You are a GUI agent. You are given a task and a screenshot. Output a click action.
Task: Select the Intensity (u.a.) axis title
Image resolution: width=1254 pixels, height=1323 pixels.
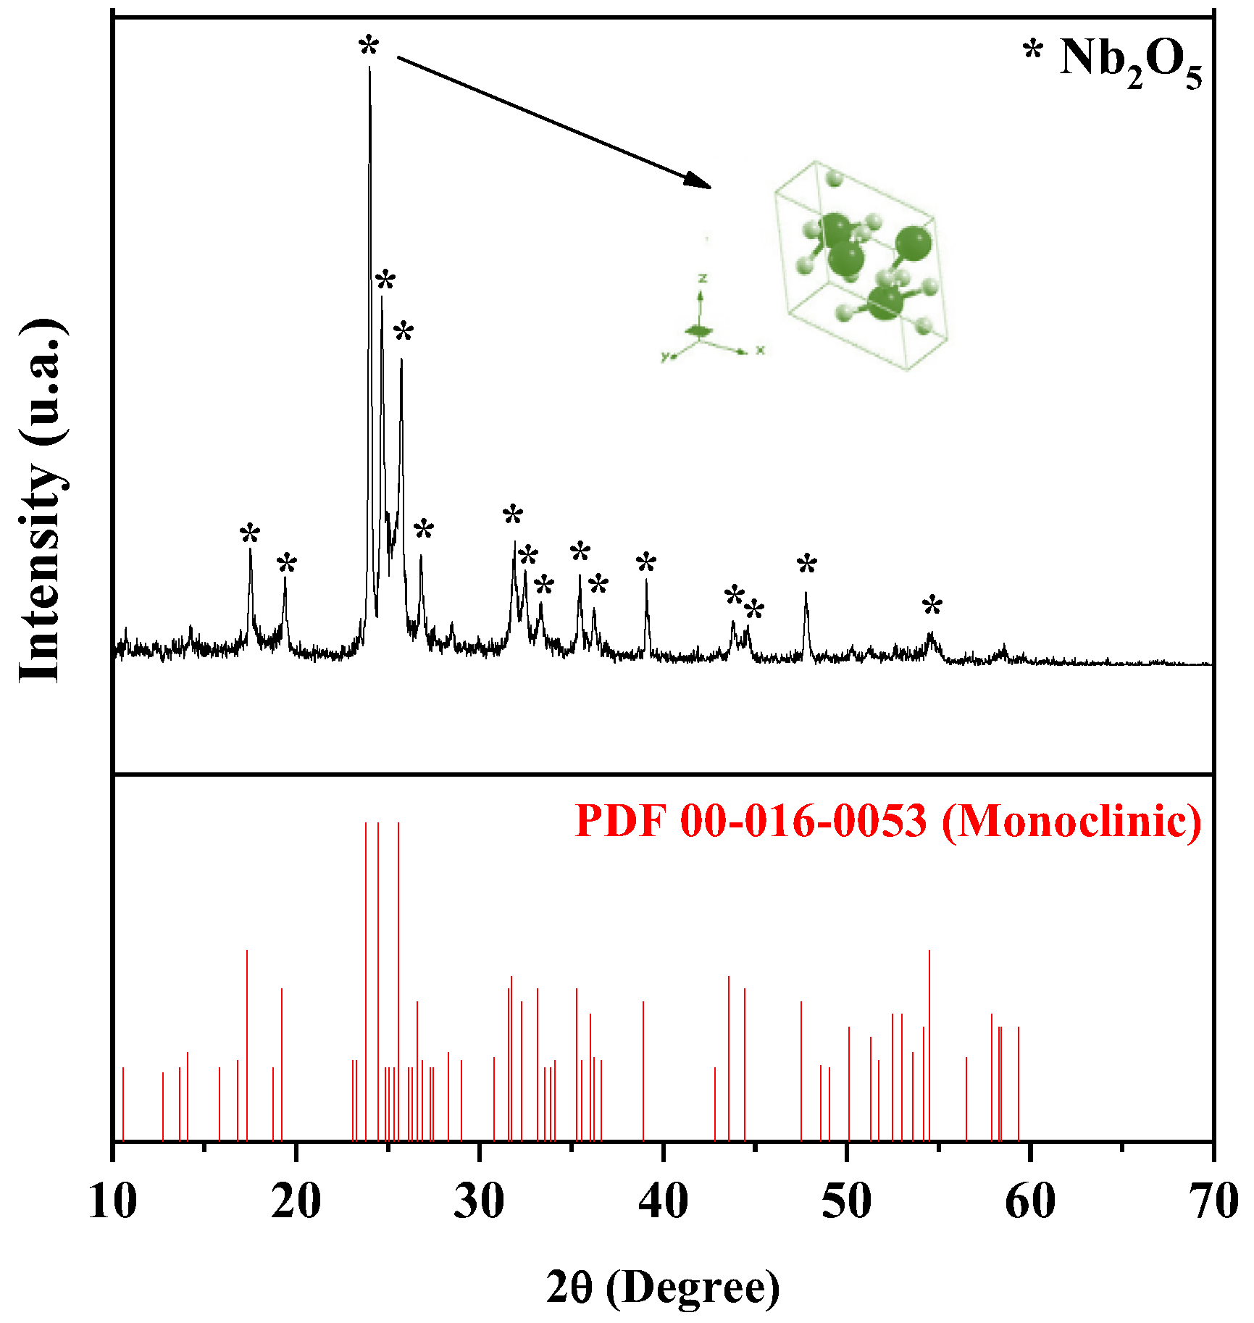click(x=42, y=500)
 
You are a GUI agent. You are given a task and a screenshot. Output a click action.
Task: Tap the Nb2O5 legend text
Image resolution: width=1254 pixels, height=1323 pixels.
click(x=1130, y=62)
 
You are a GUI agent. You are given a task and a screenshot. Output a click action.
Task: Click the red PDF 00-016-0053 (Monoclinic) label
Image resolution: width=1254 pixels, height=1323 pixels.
click(x=888, y=821)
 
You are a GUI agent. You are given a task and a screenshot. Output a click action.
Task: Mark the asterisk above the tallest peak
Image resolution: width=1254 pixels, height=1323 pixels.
click(x=369, y=46)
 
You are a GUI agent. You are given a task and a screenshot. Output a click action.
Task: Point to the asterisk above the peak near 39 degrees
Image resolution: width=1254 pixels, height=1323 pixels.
click(x=646, y=563)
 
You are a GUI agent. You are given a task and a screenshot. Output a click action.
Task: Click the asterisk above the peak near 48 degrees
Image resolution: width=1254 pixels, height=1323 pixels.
click(x=807, y=564)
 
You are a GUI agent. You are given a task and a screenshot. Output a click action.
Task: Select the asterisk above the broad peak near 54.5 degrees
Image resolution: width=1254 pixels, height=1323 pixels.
click(x=932, y=606)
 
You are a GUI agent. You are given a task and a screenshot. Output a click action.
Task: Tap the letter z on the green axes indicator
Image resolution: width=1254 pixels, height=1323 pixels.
click(x=702, y=278)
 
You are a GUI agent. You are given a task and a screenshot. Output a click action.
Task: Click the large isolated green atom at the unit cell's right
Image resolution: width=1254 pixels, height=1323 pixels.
click(x=913, y=243)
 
